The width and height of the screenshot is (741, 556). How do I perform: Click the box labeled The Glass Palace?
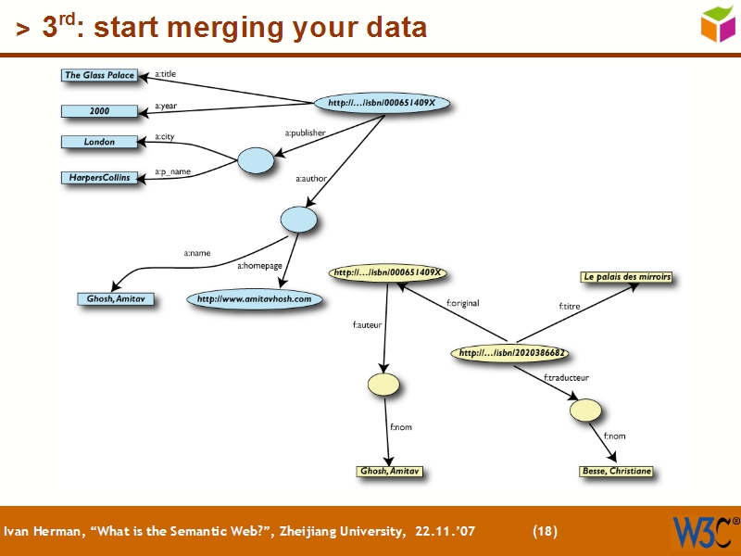99,75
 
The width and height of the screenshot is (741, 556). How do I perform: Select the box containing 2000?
99,111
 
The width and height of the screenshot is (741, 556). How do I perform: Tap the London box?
99,142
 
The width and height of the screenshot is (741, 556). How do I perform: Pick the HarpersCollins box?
99,177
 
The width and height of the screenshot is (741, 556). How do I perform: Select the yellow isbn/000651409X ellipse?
388,273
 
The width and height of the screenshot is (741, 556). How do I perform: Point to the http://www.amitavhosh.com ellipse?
254,299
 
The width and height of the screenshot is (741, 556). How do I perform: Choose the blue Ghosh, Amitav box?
116,299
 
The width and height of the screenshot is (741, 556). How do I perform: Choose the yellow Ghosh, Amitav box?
390,471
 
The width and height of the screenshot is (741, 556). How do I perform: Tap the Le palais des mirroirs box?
626,276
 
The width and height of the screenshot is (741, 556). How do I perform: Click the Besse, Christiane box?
616,471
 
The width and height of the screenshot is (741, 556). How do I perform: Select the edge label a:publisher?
305,133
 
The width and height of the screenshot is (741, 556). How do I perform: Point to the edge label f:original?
462,303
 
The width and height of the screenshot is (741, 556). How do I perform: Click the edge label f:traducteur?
566,377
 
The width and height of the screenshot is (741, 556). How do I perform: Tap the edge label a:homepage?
259,266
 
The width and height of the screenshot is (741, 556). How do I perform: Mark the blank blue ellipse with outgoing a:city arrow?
256,160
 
